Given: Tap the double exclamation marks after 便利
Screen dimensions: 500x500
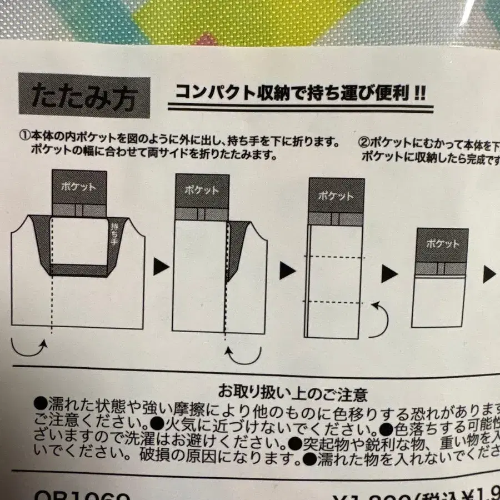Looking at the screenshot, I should coord(418,93).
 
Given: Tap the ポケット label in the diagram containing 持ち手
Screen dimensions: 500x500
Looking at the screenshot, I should coord(79,187).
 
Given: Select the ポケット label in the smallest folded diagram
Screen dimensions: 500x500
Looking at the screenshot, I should coord(442,243).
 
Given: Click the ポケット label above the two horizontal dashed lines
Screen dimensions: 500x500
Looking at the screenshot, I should coord(336,196).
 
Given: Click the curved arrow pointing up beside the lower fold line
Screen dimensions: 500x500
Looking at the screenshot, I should coord(380,321).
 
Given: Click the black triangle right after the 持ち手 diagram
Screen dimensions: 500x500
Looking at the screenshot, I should coord(161,267).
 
